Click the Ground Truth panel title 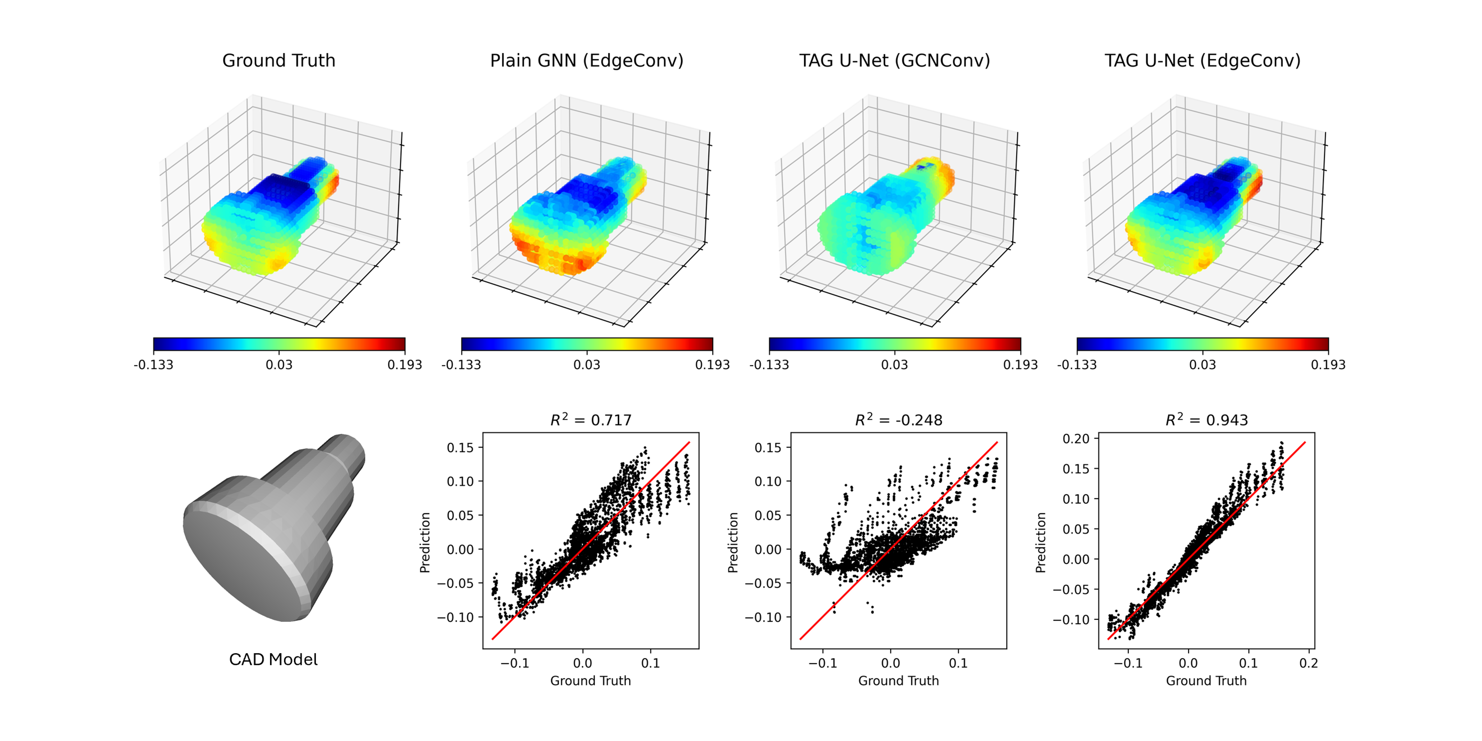coord(279,60)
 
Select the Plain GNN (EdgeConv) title coord(586,60)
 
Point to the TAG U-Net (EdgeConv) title coord(1202,60)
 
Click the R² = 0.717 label coord(591,420)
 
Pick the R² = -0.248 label coord(899,420)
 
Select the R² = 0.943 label coord(1206,420)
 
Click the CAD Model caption coord(273,659)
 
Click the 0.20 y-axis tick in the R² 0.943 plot coord(1076,439)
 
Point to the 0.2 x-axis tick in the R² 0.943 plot coord(1308,663)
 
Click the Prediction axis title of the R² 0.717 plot coord(425,543)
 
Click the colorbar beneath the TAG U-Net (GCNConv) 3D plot coord(895,344)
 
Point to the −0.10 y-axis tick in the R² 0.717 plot coord(458,617)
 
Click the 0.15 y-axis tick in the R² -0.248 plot coord(768,448)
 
